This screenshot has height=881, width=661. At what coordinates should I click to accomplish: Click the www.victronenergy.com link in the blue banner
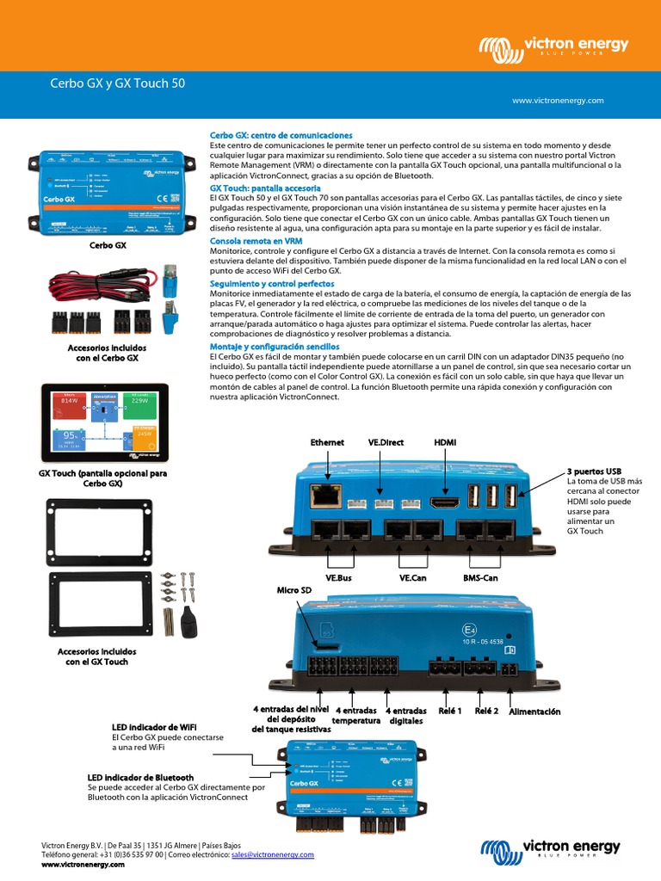[x=558, y=101]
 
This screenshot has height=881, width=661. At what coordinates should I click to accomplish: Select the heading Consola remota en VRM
[x=256, y=241]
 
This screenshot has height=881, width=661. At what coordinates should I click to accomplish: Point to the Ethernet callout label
[x=327, y=442]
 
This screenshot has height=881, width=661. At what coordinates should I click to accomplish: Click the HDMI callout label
[x=445, y=442]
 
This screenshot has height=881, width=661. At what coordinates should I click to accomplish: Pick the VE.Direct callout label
[x=386, y=442]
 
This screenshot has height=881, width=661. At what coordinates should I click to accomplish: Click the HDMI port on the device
[x=445, y=502]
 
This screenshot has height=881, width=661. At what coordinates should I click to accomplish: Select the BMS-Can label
[x=480, y=578]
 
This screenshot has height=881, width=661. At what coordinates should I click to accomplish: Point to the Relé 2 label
[x=486, y=712]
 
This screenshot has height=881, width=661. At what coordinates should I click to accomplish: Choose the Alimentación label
[x=534, y=712]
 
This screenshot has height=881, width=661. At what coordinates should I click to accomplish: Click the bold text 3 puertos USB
[x=594, y=472]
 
